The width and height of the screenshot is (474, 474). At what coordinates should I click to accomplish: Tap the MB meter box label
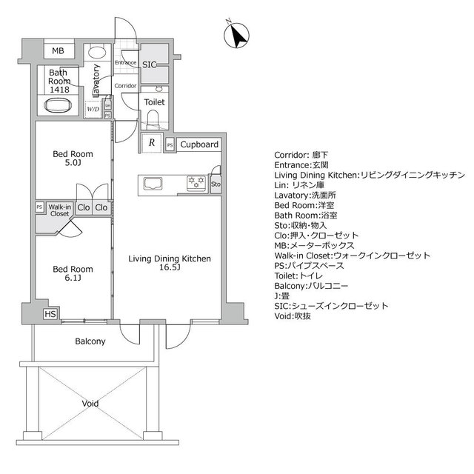[58, 51]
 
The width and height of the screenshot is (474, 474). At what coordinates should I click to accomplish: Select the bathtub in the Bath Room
[58, 105]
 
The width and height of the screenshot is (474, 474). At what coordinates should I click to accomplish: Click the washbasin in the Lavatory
[97, 53]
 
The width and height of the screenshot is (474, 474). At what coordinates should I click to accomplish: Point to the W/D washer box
[93, 109]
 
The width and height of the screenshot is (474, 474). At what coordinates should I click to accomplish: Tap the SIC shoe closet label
[150, 64]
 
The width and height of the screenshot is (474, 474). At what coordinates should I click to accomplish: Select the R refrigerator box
[152, 142]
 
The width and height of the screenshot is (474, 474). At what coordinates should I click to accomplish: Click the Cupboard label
[199, 144]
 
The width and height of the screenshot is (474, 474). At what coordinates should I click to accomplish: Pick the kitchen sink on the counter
[153, 184]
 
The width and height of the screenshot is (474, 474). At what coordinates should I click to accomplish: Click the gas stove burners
[196, 183]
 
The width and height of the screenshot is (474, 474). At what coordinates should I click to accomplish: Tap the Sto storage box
[216, 184]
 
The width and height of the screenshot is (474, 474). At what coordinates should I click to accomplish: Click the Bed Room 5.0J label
[73, 158]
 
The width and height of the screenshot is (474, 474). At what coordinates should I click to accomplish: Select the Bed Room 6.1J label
[73, 273]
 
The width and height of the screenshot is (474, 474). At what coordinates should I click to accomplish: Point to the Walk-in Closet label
[60, 210]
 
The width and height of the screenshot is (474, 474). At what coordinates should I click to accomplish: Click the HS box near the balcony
[50, 314]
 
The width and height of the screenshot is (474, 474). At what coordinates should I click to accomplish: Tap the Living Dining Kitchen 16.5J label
[170, 263]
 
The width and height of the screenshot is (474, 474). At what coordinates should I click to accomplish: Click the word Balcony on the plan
[90, 341]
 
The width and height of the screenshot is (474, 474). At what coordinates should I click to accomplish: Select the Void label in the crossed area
[90, 403]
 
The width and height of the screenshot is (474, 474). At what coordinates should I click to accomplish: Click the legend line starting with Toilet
[298, 276]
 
